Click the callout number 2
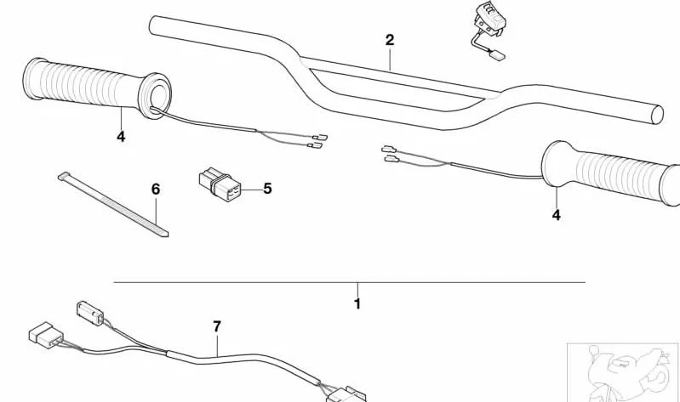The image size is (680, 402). click(390, 40)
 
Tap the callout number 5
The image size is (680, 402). click(267, 189)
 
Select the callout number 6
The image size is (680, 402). click(156, 190)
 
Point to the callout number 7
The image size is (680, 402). click(217, 326)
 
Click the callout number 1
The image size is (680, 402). click(357, 303)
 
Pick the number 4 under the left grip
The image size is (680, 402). click(121, 137)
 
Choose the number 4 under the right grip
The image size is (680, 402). click(557, 215)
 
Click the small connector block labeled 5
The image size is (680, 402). click(220, 184)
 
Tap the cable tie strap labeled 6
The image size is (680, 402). click(112, 205)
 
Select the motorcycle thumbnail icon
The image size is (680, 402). click(623, 372)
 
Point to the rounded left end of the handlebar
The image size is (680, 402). click(152, 25)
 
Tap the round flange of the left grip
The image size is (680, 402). click(155, 96)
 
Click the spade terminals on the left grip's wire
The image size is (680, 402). click(318, 141)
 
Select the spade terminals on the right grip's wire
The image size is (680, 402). click(391, 154)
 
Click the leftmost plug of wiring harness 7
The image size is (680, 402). click(46, 335)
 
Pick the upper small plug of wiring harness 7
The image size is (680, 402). click(90, 313)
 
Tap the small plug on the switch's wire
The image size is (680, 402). click(498, 54)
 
